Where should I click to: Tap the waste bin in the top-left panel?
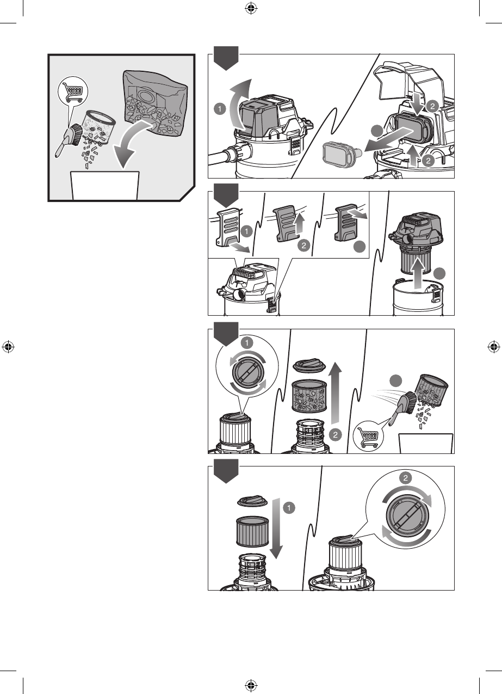105,185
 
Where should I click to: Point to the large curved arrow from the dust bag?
128,143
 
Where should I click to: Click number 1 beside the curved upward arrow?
219,109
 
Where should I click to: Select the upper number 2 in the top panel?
433,107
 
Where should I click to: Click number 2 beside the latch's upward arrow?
303,246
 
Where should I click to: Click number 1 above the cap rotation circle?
247,343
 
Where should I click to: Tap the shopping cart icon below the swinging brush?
368,436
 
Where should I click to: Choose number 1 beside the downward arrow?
289,507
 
